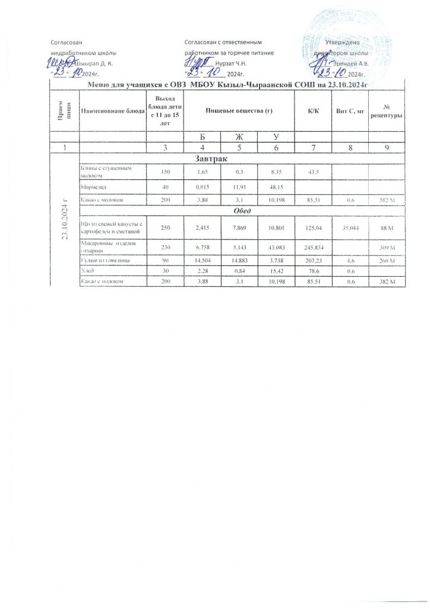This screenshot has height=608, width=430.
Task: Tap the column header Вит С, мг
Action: [x=346, y=111]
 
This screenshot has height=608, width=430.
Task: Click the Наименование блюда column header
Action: [x=113, y=111]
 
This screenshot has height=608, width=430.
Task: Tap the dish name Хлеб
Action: [x=88, y=270]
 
